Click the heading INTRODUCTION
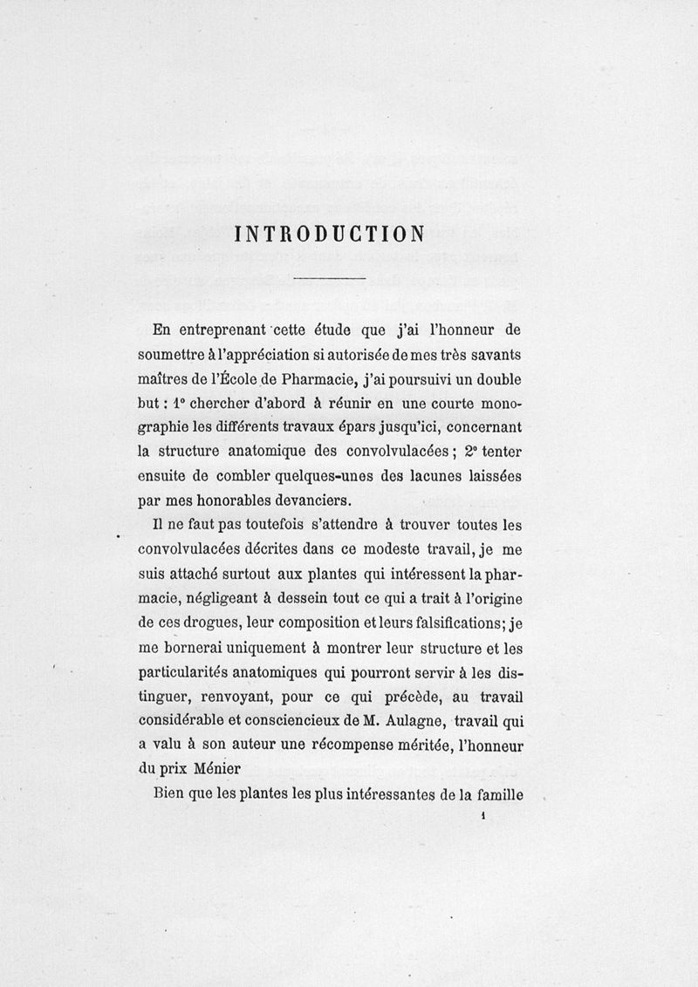pyautogui.click(x=330, y=234)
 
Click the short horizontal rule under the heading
pyautogui.click(x=330, y=278)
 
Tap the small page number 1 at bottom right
pyautogui.click(x=482, y=817)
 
